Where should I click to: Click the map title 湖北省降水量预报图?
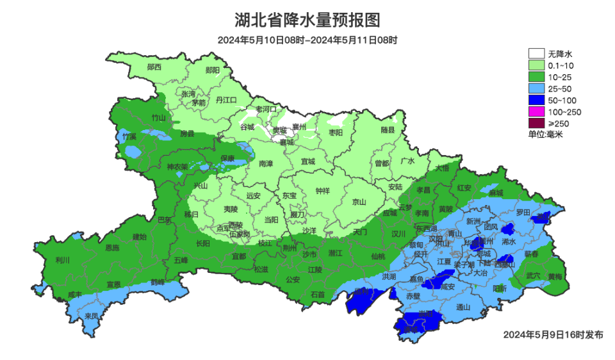(x=307, y=20)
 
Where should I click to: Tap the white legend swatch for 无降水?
(x=536, y=54)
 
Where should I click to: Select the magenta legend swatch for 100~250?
(x=536, y=112)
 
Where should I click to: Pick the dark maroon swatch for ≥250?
(x=536, y=124)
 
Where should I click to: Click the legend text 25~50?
(x=560, y=89)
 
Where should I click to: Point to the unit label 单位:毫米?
(x=545, y=135)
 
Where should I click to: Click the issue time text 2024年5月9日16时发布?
(x=553, y=334)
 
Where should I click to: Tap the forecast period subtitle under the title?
(x=307, y=40)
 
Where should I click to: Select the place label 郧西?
(x=154, y=67)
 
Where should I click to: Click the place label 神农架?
(x=177, y=167)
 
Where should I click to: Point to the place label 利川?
(x=63, y=260)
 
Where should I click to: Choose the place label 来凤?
(x=92, y=316)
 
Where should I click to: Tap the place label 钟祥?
(x=323, y=191)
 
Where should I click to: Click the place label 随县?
(x=388, y=130)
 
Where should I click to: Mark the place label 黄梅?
(x=555, y=277)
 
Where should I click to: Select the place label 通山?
(x=463, y=307)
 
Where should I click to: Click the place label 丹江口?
(x=226, y=100)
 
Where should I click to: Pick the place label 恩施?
(x=112, y=247)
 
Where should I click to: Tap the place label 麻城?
(x=495, y=192)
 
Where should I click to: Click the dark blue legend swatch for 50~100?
(x=536, y=101)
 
